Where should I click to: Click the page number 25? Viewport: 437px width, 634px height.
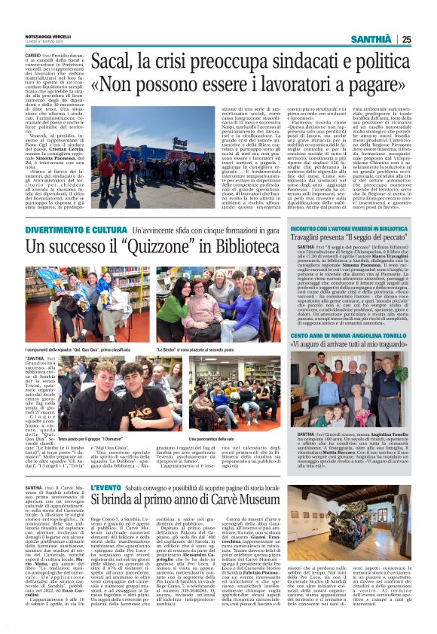point(406,40)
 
